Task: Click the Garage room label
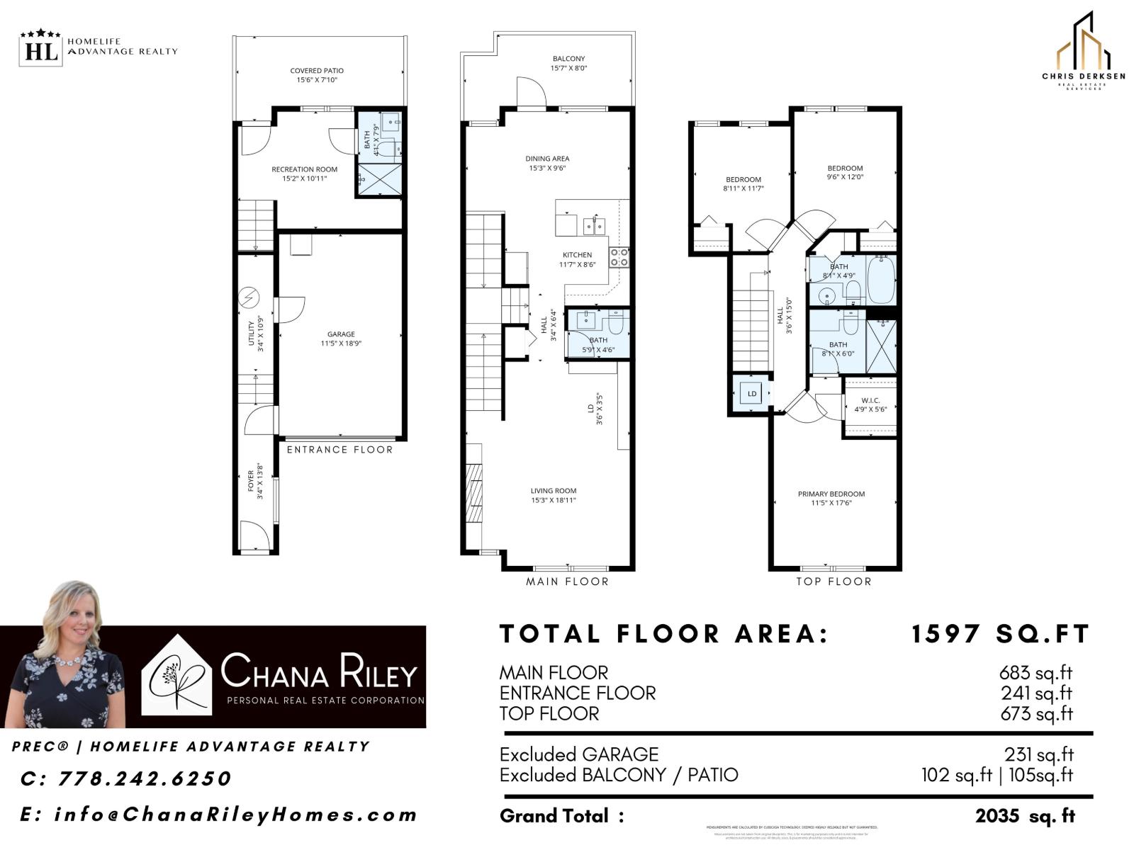(341, 339)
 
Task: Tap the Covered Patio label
(317, 75)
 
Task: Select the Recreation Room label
(304, 174)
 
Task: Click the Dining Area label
(547, 163)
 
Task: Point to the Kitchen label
(577, 259)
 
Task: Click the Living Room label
(554, 495)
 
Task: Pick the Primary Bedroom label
(831, 498)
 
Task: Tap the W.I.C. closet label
(870, 404)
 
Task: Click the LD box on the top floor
(751, 394)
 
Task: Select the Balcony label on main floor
(568, 63)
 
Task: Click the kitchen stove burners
(619, 257)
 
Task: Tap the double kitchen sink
(594, 226)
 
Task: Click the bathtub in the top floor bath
(881, 279)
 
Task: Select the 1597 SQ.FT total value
(999, 634)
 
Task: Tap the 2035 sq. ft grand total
(1025, 816)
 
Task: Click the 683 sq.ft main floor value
(1035, 672)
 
